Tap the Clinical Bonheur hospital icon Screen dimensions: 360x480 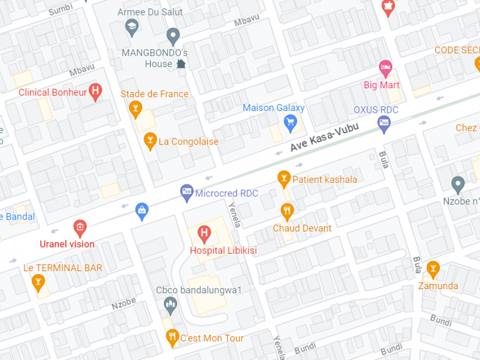[95, 91]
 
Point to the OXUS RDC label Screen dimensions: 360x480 [376, 110]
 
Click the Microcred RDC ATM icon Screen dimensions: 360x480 [187, 192]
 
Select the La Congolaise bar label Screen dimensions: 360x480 [188, 142]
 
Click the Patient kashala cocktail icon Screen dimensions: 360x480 [284, 178]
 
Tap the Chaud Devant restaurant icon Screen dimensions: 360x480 [287, 211]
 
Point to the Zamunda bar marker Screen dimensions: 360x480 [432, 268]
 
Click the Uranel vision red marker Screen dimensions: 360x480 [79, 228]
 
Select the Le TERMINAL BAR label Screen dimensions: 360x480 [62, 268]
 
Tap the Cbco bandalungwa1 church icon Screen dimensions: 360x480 [171, 305]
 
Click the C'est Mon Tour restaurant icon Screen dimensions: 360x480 [172, 337]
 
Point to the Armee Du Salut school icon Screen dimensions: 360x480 [131, 26]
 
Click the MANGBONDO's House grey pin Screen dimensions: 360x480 [173, 36]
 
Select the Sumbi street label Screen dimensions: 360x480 [60, 11]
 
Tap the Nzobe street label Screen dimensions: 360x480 [124, 304]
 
